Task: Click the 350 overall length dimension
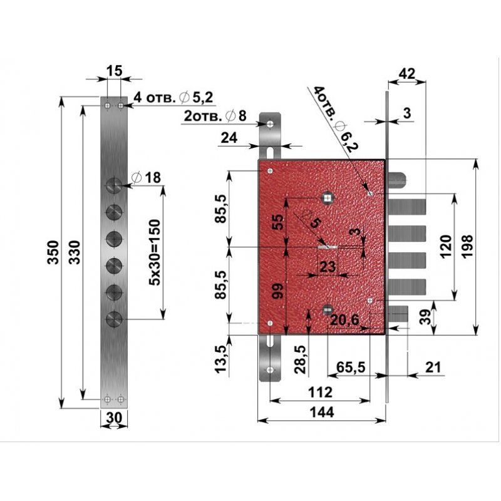point(53,252)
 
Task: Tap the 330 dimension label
point(75,252)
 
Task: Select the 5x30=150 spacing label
point(155,252)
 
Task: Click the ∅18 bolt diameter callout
point(147,178)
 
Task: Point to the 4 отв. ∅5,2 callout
point(173,97)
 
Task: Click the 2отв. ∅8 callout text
point(215,116)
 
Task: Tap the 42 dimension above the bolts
point(407,74)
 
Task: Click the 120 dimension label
point(446,246)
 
